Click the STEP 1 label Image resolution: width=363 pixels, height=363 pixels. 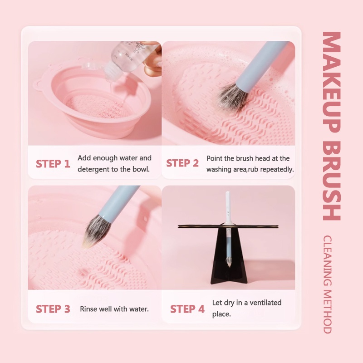pos(53,164)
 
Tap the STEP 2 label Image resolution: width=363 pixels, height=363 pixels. pos(182,163)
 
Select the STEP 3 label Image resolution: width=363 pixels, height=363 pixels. pos(53,309)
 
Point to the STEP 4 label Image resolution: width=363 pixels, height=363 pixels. pos(187,309)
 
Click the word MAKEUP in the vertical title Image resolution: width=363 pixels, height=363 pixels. pos(332,82)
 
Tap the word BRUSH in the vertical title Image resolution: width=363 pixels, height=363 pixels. pos(332,181)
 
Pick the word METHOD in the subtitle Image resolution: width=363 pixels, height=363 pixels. pos(327,312)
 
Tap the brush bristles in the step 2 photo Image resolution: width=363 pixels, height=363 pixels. pos(232,97)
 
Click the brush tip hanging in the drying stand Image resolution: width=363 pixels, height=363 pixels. pos(229,262)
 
